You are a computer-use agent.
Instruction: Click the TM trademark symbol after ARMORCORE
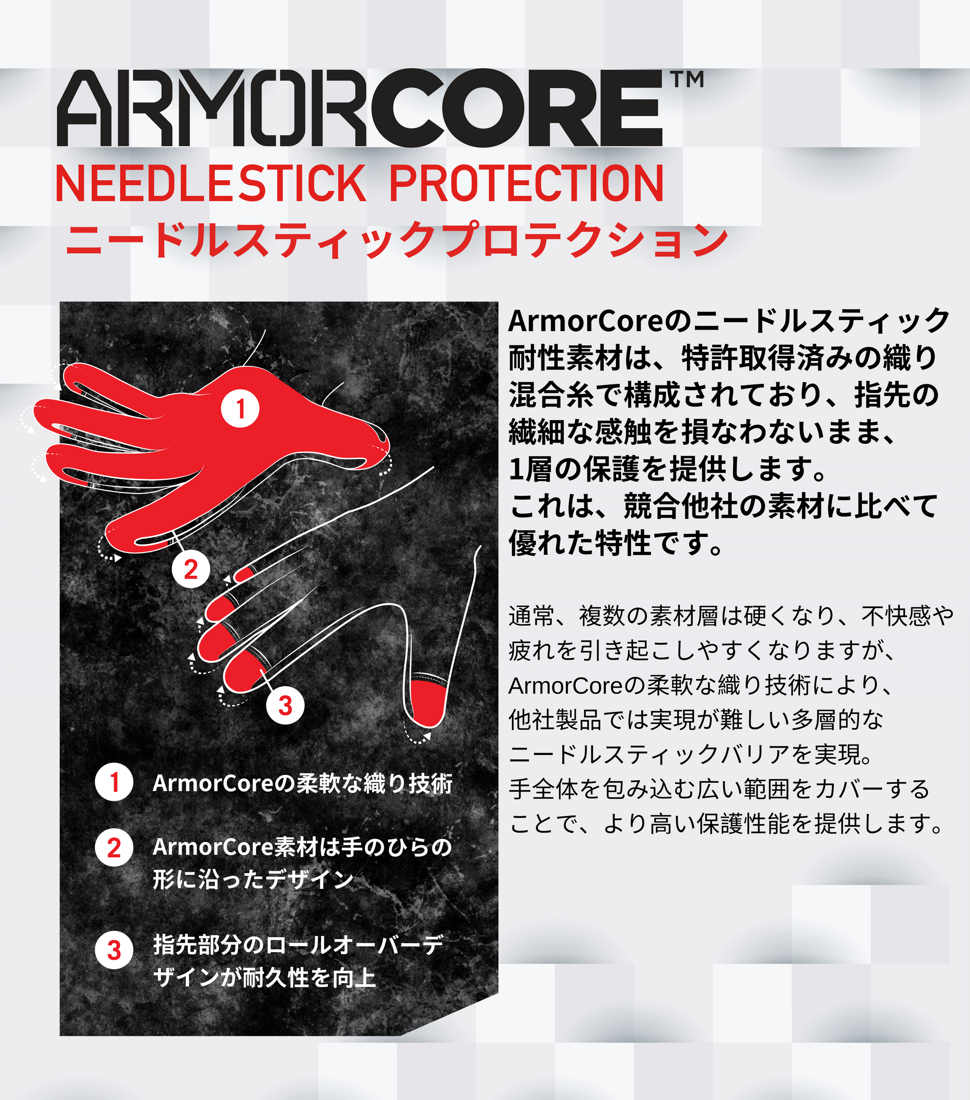pyautogui.click(x=687, y=80)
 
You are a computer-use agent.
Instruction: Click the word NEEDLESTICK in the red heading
pyautogui.click(x=210, y=184)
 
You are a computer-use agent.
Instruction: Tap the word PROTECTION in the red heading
pyautogui.click(x=526, y=184)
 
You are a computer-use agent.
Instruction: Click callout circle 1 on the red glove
pyautogui.click(x=240, y=408)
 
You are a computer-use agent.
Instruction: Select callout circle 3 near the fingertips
pyautogui.click(x=285, y=705)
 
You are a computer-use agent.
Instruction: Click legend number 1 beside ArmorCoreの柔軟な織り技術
pyautogui.click(x=114, y=782)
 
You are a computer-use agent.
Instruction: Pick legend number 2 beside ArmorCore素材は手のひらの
pyautogui.click(x=114, y=848)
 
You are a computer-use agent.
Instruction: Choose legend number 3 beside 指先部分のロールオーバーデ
pyautogui.click(x=114, y=951)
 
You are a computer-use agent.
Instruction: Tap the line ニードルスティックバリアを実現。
pyautogui.click(x=691, y=754)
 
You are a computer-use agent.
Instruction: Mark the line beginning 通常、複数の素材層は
pyautogui.click(x=731, y=616)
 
